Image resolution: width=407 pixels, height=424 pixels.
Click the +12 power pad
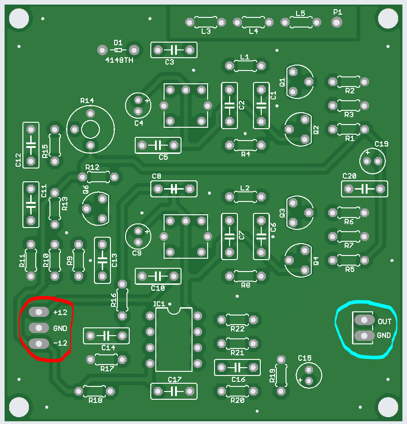38,312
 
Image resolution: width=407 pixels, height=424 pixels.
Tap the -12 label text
60,343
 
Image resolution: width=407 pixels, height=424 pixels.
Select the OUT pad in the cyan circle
364,320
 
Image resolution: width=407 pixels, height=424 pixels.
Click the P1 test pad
336,22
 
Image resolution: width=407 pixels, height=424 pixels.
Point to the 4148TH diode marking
119,60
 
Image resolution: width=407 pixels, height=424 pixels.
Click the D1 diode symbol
118,50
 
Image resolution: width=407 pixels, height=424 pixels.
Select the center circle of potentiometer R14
90,129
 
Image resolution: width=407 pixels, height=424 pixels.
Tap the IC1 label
159,304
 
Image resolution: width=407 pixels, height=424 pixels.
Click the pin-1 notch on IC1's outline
173,310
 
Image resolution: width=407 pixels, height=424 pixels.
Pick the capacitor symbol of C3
174,50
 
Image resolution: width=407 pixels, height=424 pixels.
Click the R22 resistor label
237,329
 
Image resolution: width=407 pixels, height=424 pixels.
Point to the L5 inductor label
300,13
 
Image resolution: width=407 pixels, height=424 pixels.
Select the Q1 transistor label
282,82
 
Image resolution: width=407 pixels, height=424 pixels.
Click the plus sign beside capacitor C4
147,101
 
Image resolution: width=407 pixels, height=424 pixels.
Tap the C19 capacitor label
381,144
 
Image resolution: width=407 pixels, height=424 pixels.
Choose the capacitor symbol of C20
364,189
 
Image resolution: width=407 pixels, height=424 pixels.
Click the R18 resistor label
95,400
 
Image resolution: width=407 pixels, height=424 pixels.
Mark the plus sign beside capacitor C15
300,380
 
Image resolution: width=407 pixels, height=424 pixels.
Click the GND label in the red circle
60,328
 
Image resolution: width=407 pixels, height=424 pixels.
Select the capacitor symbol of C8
174,189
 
